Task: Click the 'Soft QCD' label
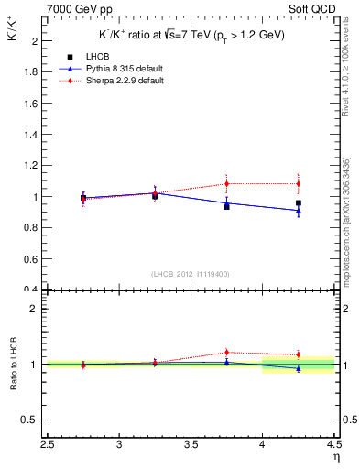314,9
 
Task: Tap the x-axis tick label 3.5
191,445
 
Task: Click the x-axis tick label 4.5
333,445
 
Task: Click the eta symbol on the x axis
335,457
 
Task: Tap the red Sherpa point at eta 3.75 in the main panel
226,184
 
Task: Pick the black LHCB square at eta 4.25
299,202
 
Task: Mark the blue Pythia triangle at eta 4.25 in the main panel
299,211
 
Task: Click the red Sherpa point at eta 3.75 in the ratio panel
226,352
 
